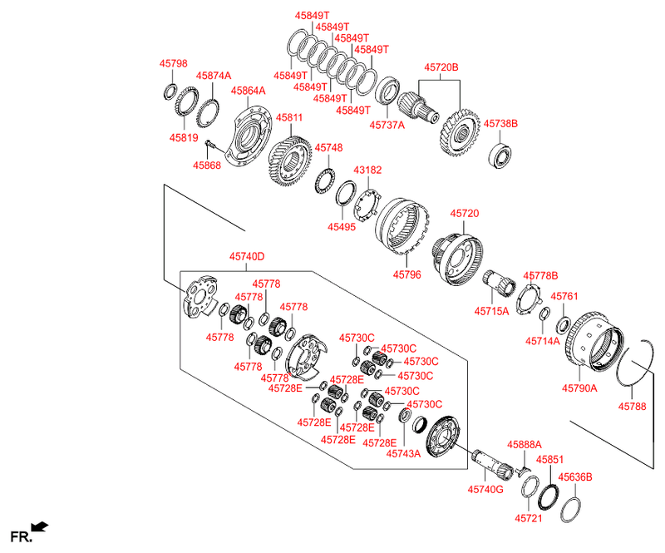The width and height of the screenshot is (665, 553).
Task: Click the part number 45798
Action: [x=174, y=63]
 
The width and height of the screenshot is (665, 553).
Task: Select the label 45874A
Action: [x=214, y=76]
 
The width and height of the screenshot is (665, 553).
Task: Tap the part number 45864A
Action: [x=249, y=90]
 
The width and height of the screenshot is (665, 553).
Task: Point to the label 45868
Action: [x=207, y=165]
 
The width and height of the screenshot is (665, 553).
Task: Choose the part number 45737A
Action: [x=387, y=125]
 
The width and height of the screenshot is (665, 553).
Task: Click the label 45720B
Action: [x=441, y=67]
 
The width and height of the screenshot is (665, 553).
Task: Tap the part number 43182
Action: [x=367, y=170]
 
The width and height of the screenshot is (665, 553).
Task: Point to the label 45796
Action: [x=407, y=274]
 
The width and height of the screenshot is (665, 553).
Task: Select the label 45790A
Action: [x=579, y=388]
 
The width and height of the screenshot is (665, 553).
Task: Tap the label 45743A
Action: [x=405, y=453]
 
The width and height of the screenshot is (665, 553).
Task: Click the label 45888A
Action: [x=525, y=445]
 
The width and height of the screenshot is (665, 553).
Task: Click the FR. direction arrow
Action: [x=39, y=526]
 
